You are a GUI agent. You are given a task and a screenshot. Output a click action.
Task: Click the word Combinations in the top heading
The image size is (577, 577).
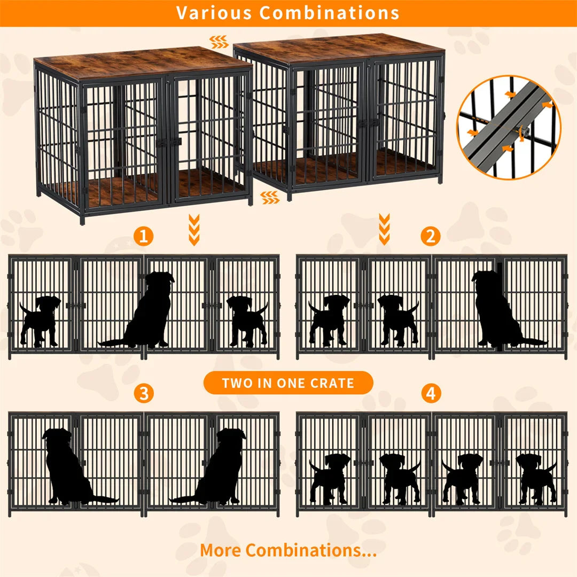(330, 12)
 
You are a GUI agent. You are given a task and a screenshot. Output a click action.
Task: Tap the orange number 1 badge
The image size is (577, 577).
(143, 236)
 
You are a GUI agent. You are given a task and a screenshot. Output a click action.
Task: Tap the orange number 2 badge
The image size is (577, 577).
(431, 236)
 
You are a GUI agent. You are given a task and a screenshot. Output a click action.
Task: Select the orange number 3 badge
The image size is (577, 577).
(143, 394)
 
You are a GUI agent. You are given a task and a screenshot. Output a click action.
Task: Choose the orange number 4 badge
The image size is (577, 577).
(431, 394)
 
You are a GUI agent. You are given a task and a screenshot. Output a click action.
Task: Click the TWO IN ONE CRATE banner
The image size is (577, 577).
(288, 383)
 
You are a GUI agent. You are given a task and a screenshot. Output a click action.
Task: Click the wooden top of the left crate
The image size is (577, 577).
(142, 63)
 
